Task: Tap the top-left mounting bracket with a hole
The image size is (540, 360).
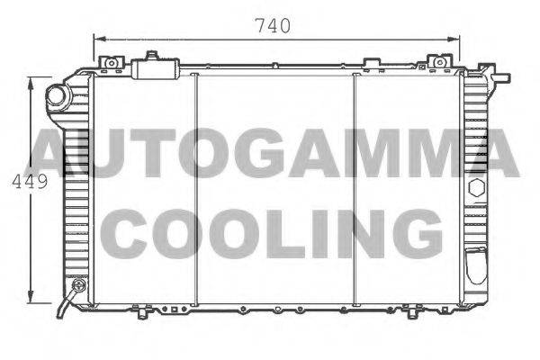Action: (112, 62)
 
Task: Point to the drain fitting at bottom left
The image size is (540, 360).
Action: (76, 288)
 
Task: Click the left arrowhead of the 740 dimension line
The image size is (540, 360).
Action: (97, 39)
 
